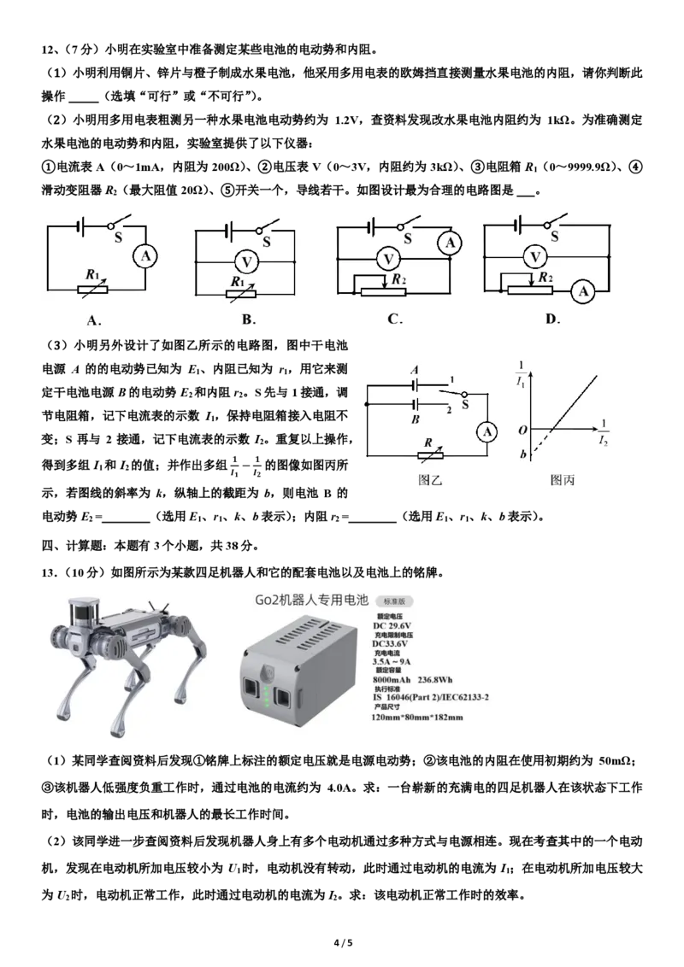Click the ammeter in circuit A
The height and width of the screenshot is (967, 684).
coord(146,255)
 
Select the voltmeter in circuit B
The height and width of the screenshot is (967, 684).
coord(244,260)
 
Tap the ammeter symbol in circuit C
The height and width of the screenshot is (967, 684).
coord(450,244)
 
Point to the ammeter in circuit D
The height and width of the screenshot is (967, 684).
coord(584,291)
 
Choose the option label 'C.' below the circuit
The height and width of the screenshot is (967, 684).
coord(394,319)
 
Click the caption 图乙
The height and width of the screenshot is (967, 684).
coord(430,480)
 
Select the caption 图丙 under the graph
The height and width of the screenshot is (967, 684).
coord(563,480)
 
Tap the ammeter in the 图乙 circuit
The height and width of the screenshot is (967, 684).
coord(486,431)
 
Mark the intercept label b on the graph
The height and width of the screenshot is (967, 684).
coord(522,454)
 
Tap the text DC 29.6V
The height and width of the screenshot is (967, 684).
coord(392,625)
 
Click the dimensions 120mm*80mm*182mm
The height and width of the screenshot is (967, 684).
coord(416,717)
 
